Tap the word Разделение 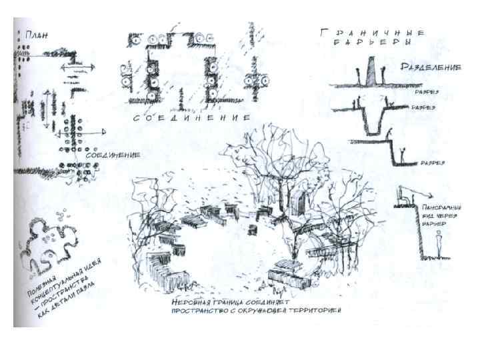(x=432, y=67)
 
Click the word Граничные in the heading (x=371, y=31)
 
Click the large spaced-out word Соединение (x=190, y=117)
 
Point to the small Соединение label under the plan (x=113, y=155)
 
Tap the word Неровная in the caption (x=193, y=302)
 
